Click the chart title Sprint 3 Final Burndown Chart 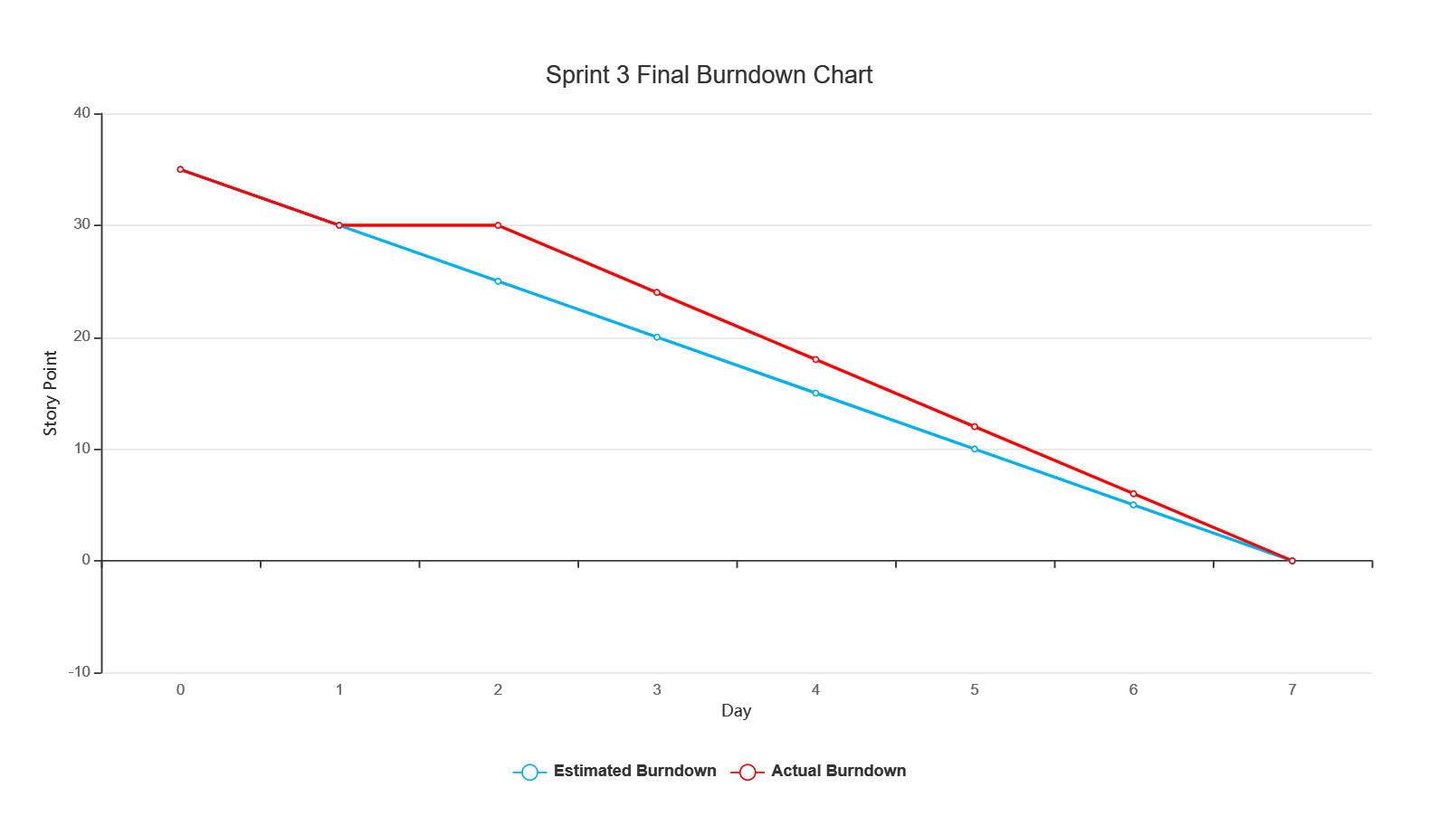click(x=709, y=75)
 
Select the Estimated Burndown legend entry click(x=614, y=772)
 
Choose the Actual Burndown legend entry click(x=818, y=772)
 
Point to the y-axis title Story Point click(x=51, y=393)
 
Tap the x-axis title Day click(x=737, y=711)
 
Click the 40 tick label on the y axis click(x=82, y=113)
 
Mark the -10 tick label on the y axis click(x=80, y=672)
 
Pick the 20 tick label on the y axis click(x=82, y=337)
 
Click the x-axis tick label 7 click(x=1292, y=690)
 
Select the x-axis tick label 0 click(x=180, y=690)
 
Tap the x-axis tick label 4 click(x=815, y=690)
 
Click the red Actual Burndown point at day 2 click(x=498, y=225)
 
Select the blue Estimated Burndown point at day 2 click(x=498, y=281)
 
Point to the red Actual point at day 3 click(x=657, y=293)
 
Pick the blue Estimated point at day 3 click(x=657, y=337)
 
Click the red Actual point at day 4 click(x=815, y=359)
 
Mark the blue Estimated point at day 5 click(x=975, y=449)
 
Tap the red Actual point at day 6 click(x=1133, y=494)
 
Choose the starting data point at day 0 click(x=180, y=169)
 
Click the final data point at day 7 click(x=1292, y=561)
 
